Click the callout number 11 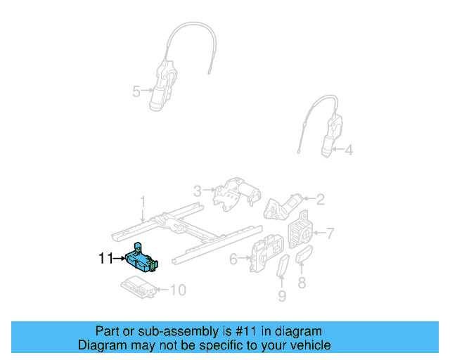pos(105,259)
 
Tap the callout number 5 pos(136,91)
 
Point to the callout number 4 pos(349,149)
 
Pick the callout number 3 pos(198,190)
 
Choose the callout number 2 pos(320,200)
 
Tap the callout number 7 pos(330,233)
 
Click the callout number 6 pos(233,259)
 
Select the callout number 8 pos(302,283)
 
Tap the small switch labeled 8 pos(305,257)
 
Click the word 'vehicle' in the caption pos(307,345)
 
